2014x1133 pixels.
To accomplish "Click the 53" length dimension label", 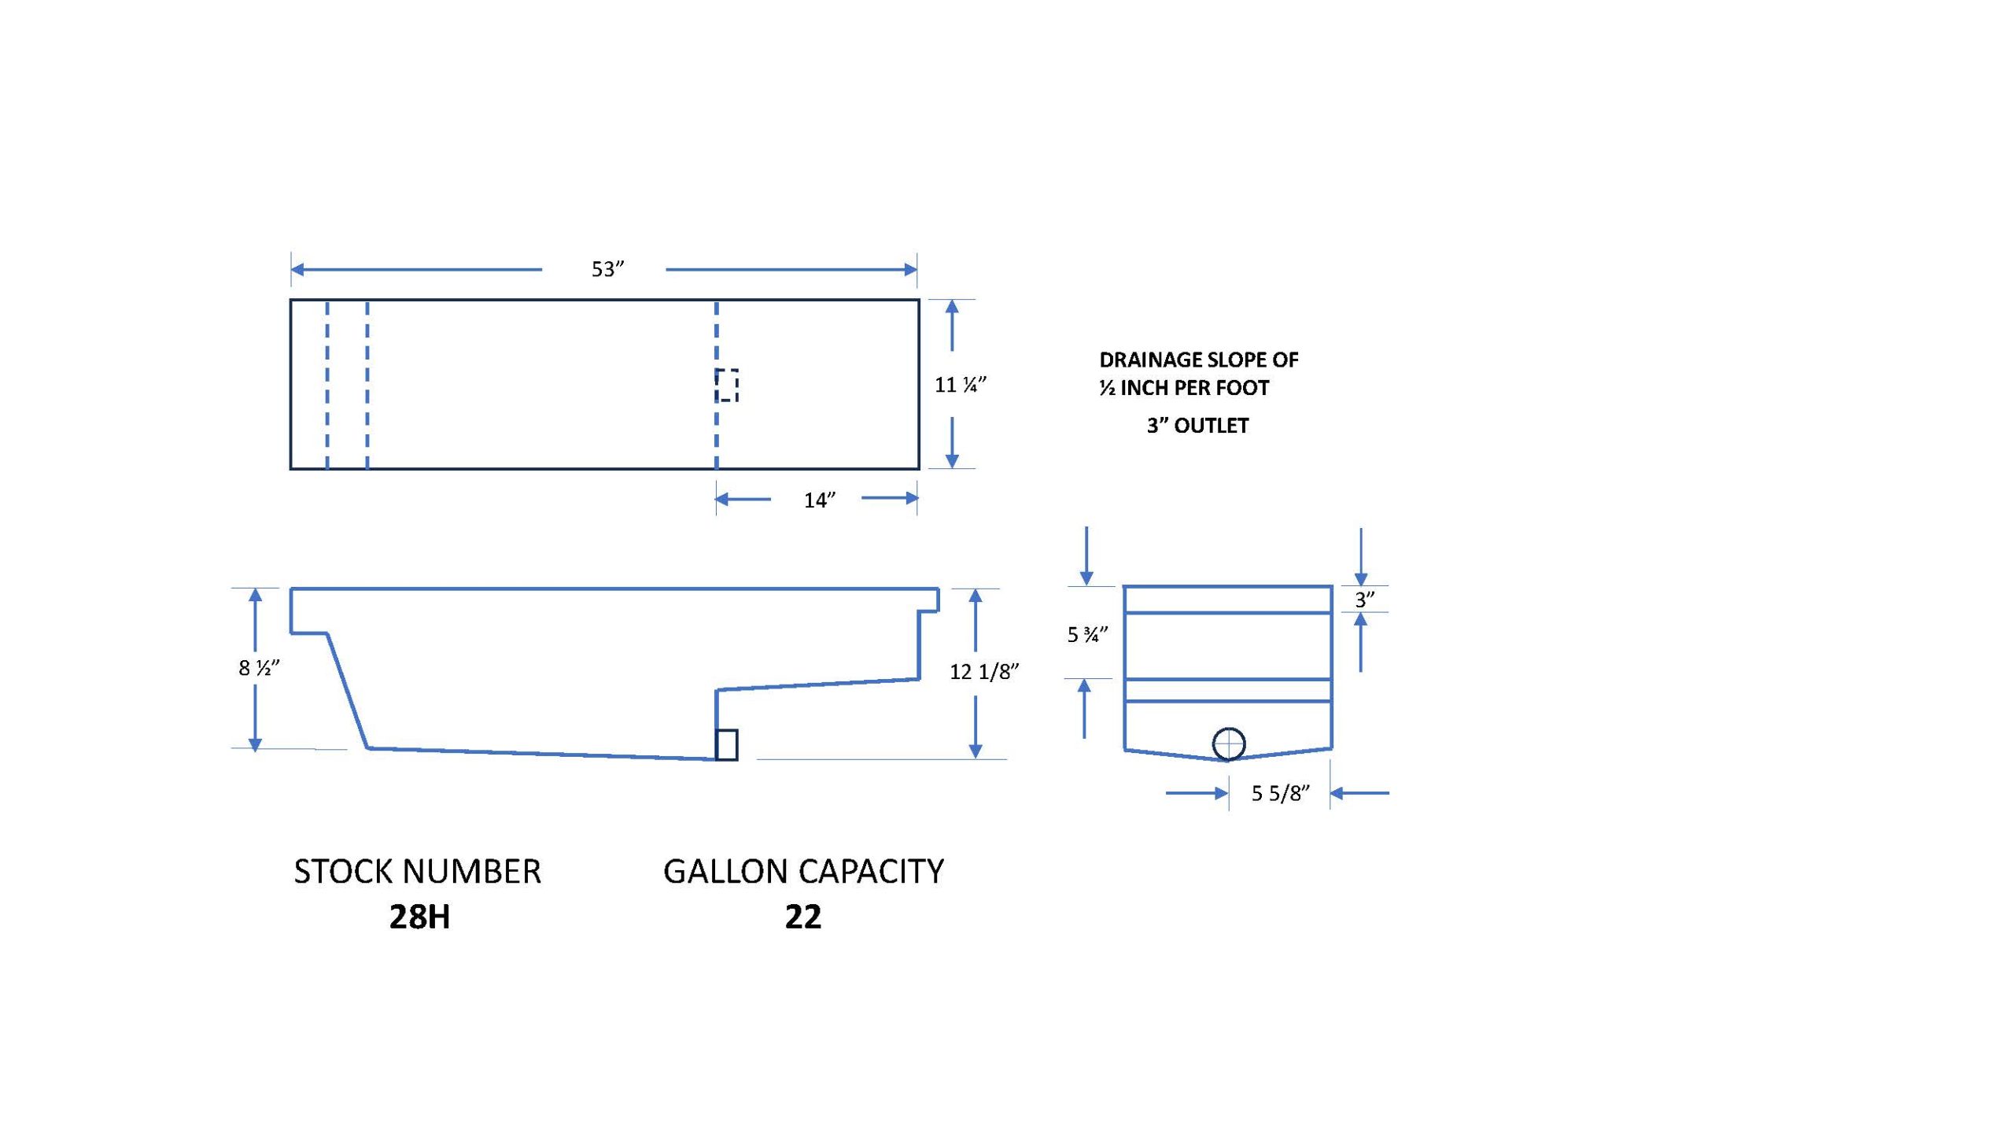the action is (607, 269).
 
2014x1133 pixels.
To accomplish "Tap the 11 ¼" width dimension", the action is (960, 385).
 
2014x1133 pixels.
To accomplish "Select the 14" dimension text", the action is (819, 500).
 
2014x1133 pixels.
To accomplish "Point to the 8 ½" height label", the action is (259, 668).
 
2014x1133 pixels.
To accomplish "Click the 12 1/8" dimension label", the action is (984, 671).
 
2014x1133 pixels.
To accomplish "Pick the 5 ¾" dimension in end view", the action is (1087, 634).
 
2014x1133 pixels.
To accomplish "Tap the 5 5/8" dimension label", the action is (1281, 793).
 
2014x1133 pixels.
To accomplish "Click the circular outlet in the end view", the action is (1229, 744).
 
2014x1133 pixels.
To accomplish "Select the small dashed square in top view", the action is (727, 386).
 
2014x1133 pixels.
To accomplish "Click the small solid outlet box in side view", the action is (726, 745).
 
